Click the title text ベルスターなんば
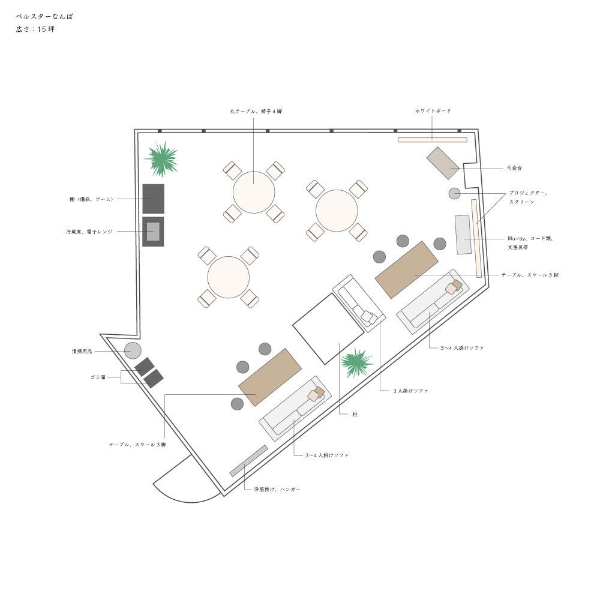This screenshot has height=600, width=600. coord(44,17)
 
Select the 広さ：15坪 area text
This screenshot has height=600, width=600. coord(35,29)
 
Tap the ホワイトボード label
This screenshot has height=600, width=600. coord(433,111)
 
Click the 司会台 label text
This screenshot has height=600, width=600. coord(514,168)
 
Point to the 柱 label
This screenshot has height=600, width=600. coord(355,414)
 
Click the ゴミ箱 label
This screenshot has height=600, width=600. coord(98,377)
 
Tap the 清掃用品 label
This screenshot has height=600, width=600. coord(82,351)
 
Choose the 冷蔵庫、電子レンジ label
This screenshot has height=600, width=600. coord(89,231)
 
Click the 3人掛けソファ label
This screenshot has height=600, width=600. coord(411,391)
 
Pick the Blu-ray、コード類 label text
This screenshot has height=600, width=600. coord(530,238)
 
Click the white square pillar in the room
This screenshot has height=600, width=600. coord(320,329)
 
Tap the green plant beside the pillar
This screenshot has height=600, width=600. coord(356,362)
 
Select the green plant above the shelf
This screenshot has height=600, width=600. coord(161,159)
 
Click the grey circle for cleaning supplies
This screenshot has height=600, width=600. coord(133,350)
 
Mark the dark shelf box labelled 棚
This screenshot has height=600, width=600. coord(153,199)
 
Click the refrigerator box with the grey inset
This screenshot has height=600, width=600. coord(153,232)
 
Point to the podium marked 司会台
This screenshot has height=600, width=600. coord(443,163)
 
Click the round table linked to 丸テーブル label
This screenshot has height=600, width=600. coord(254,192)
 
